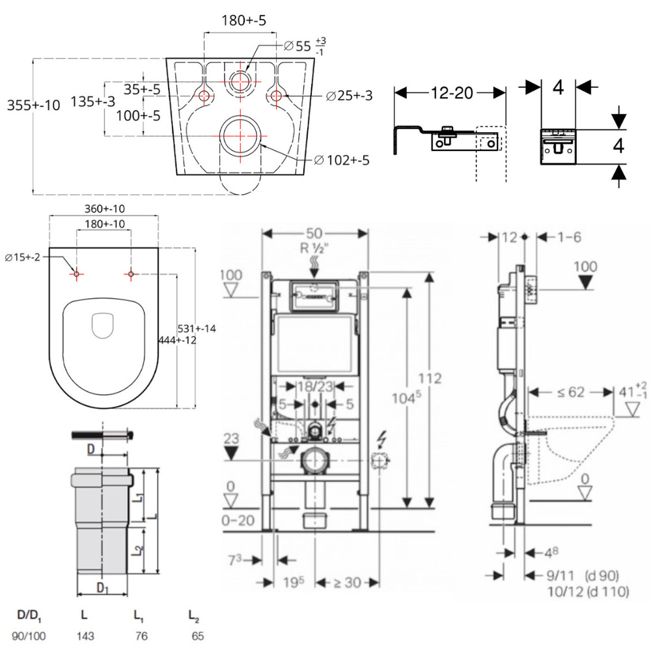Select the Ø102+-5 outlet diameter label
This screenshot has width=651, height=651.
click(341, 159)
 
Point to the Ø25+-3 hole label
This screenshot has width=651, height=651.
click(349, 96)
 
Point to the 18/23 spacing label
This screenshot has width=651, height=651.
click(315, 386)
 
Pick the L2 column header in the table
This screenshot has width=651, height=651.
click(193, 614)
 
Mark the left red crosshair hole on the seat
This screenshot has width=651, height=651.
click(76, 274)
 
